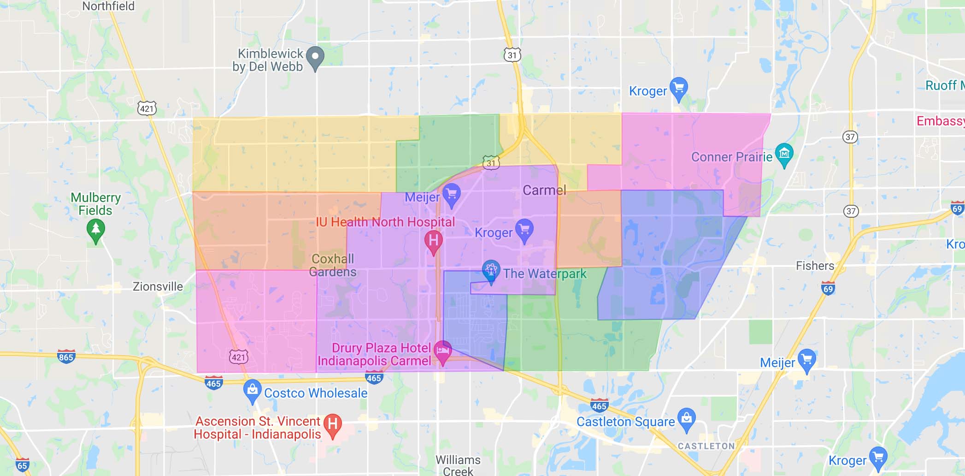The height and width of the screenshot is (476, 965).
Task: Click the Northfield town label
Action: pos(108,6)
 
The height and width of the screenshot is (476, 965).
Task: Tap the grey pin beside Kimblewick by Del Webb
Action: pos(315,58)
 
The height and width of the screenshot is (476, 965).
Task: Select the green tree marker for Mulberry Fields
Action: pos(95,230)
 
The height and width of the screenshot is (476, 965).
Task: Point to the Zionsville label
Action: pos(158,286)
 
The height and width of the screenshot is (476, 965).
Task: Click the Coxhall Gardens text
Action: pos(333,265)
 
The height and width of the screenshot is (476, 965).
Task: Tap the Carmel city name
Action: pos(544,190)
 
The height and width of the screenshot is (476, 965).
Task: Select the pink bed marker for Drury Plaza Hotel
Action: pos(442,351)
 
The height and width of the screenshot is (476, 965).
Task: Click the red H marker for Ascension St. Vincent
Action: pos(332,424)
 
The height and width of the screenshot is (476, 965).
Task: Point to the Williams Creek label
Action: pos(458,465)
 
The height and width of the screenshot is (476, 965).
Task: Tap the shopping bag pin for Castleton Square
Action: pos(686,418)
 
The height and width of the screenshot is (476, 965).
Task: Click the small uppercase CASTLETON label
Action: pos(706,446)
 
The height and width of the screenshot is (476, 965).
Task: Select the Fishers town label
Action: pos(815,266)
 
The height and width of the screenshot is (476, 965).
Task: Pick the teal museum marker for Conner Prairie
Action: pos(784,154)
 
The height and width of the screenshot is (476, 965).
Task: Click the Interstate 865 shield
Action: pos(66,357)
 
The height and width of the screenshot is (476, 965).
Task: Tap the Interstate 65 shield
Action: pos(22,465)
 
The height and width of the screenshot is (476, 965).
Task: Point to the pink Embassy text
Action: pos(940,121)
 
